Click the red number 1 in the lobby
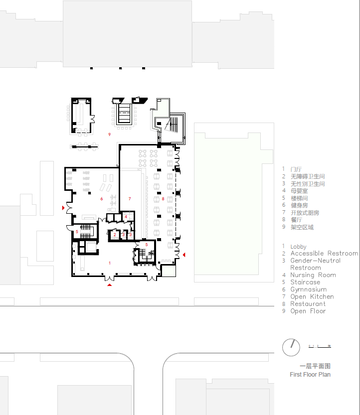(x=110, y=263)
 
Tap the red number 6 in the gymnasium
(x=102, y=199)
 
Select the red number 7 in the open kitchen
(x=130, y=199)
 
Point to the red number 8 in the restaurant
(x=163, y=199)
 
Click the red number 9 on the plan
(x=109, y=135)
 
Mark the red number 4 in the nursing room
(x=126, y=217)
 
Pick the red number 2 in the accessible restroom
(x=115, y=234)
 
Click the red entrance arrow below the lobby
(x=110, y=285)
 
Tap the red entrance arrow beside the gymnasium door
(x=63, y=207)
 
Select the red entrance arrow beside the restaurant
(x=184, y=255)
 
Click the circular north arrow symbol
(x=290, y=347)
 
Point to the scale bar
(x=320, y=345)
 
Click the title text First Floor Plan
(x=310, y=375)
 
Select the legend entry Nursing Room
(x=313, y=275)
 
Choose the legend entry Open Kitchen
(x=312, y=297)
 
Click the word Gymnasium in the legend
(x=309, y=289)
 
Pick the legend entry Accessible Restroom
(x=324, y=254)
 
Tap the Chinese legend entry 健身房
(x=299, y=205)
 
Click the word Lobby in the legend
(x=299, y=247)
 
